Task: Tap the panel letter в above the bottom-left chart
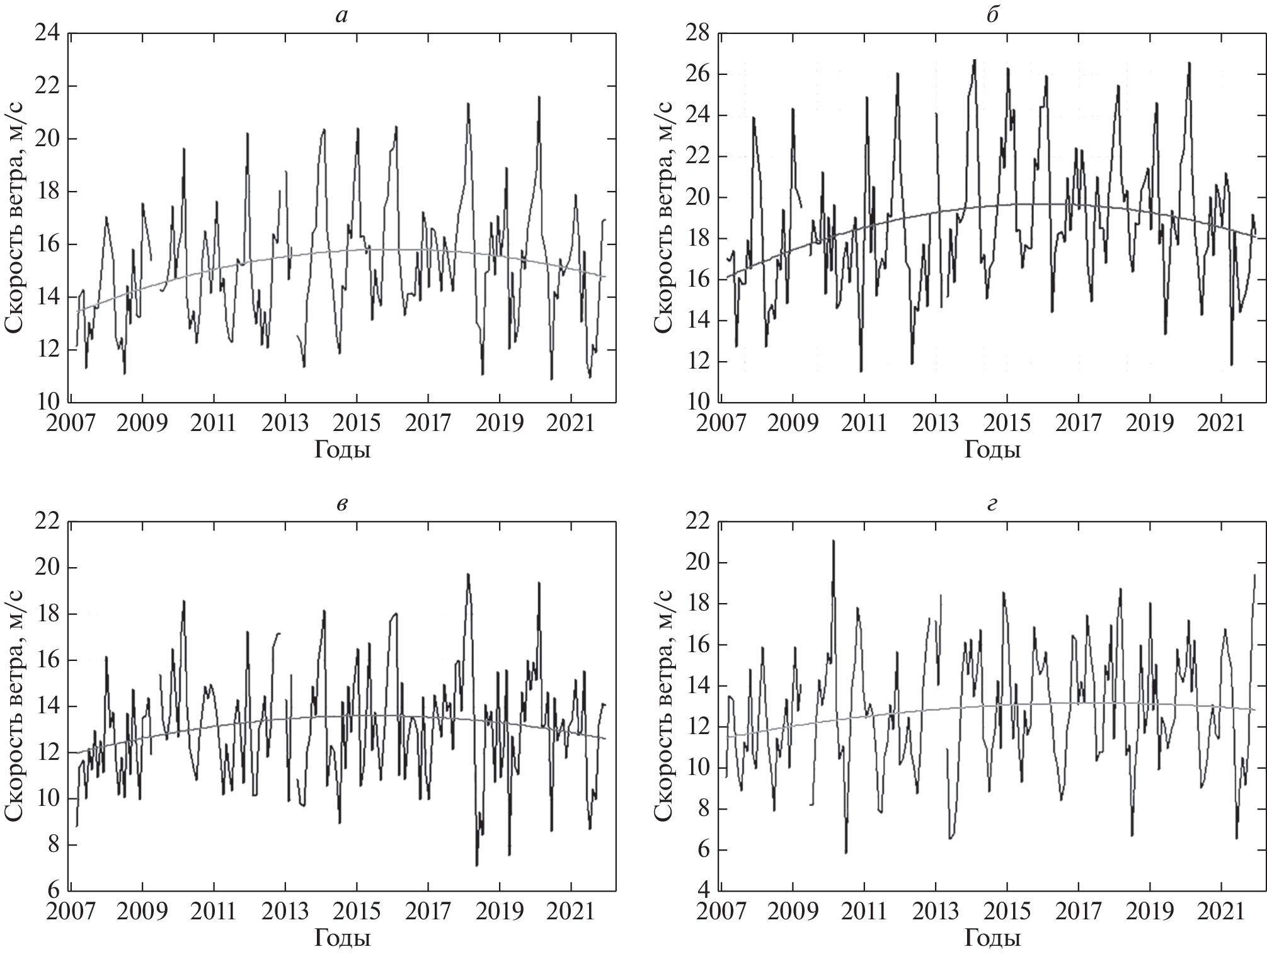pos(341,506)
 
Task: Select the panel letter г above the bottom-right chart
pos(992,506)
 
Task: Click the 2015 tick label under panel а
pos(357,423)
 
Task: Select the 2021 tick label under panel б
pos(1221,423)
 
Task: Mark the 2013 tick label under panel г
pos(936,912)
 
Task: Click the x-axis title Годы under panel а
pos(342,450)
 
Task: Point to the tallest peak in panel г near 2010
pos(833,541)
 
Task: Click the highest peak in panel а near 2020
pos(539,97)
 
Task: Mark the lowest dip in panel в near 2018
pos(477,865)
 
